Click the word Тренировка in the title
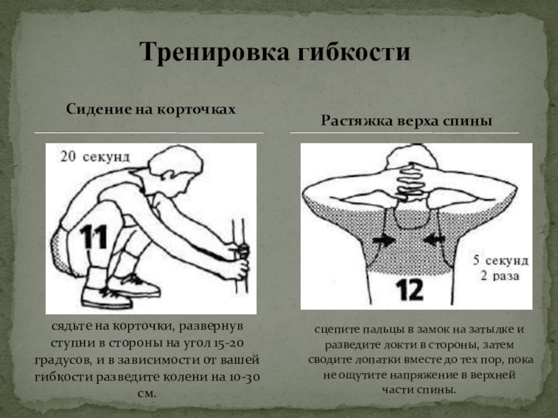coord(215,52)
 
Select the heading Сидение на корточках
coord(151,109)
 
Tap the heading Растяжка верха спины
coord(407,121)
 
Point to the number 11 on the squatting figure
coord(93,237)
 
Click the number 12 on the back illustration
coord(409,289)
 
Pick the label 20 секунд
coord(95,157)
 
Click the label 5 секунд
coord(501,261)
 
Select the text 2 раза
coord(500,276)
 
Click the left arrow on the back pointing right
coord(383,240)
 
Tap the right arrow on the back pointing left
coord(434,240)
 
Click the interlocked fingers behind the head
coord(410,180)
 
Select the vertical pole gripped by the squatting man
coord(239,256)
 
